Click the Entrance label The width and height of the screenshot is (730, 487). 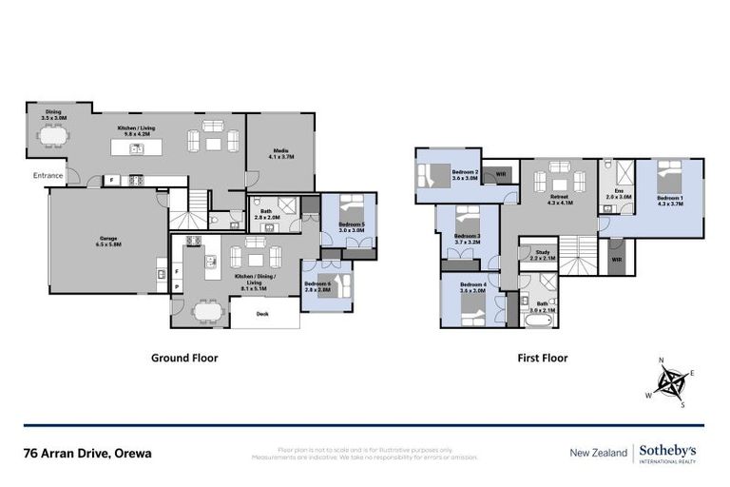pos(48,175)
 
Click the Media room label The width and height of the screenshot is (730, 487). pos(280,152)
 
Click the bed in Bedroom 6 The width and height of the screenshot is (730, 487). pos(336,285)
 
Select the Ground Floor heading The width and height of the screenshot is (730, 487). pos(185,359)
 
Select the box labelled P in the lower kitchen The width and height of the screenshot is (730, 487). pos(177,285)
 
